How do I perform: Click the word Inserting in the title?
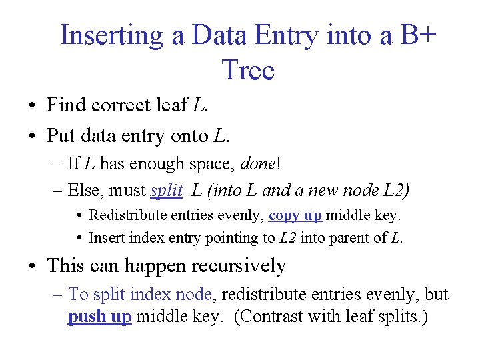(x=112, y=35)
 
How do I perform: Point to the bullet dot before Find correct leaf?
(x=32, y=106)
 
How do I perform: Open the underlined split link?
(x=167, y=191)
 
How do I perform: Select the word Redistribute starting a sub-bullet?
(x=131, y=216)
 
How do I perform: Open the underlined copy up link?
(x=295, y=216)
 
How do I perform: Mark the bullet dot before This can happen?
(x=32, y=267)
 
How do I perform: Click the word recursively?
(x=239, y=266)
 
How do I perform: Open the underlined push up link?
(x=100, y=317)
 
